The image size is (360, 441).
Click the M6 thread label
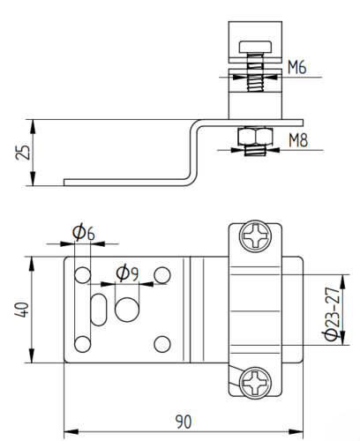tap(296, 67)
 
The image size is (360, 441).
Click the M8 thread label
tap(298, 140)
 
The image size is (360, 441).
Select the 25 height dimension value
tap(23, 153)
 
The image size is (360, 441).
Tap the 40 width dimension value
tap(22, 310)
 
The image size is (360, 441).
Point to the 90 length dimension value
tap(184, 422)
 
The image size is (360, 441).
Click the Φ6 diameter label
tap(84, 232)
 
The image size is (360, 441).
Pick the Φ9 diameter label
tap(127, 273)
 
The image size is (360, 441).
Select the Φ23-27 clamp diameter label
tap(332, 313)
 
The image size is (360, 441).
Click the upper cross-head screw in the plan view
tap(255, 235)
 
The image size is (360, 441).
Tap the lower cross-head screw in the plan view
tap(255, 383)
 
